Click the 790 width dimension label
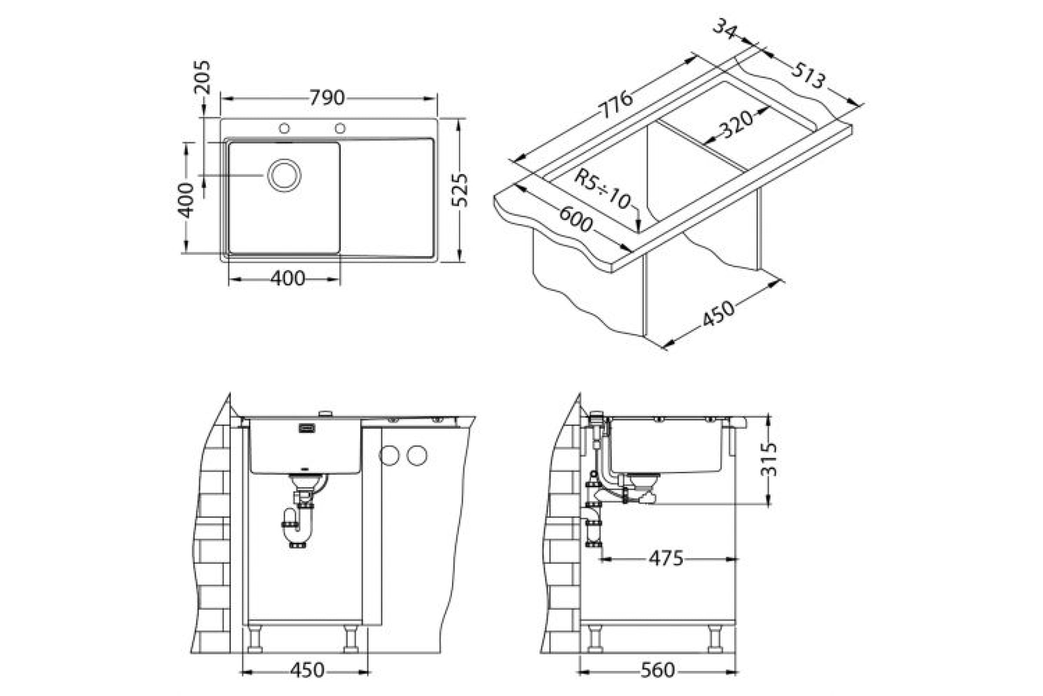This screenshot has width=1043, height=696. [327, 97]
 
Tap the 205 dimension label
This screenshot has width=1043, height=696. [202, 77]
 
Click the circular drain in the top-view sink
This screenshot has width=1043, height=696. [284, 175]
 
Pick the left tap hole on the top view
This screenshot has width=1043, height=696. [284, 128]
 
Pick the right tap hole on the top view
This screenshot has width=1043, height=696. [340, 128]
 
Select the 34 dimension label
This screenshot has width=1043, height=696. [725, 28]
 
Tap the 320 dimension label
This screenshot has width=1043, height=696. [736, 124]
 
